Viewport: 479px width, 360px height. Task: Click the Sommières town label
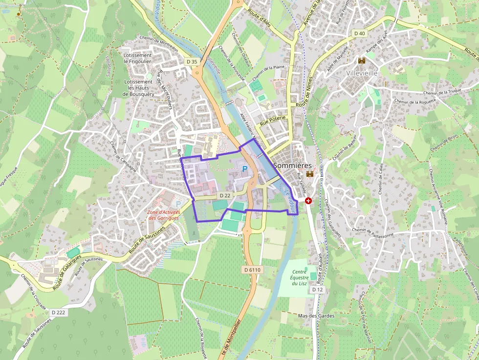coord(292,166)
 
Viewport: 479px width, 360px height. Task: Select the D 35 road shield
coord(192,62)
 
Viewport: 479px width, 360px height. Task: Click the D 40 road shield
coord(359,33)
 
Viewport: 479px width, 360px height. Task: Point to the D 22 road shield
coord(225,195)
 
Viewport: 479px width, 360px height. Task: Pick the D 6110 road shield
coord(252,270)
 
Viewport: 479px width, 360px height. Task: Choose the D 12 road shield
coord(318,290)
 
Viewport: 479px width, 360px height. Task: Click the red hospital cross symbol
coord(308,200)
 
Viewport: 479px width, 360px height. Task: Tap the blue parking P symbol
coord(245,169)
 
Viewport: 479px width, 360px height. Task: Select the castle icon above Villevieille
coord(362,61)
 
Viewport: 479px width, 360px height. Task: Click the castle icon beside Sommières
coord(309,174)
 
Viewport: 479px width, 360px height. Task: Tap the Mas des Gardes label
coord(316,316)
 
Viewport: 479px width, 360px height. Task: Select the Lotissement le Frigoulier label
coord(138,59)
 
